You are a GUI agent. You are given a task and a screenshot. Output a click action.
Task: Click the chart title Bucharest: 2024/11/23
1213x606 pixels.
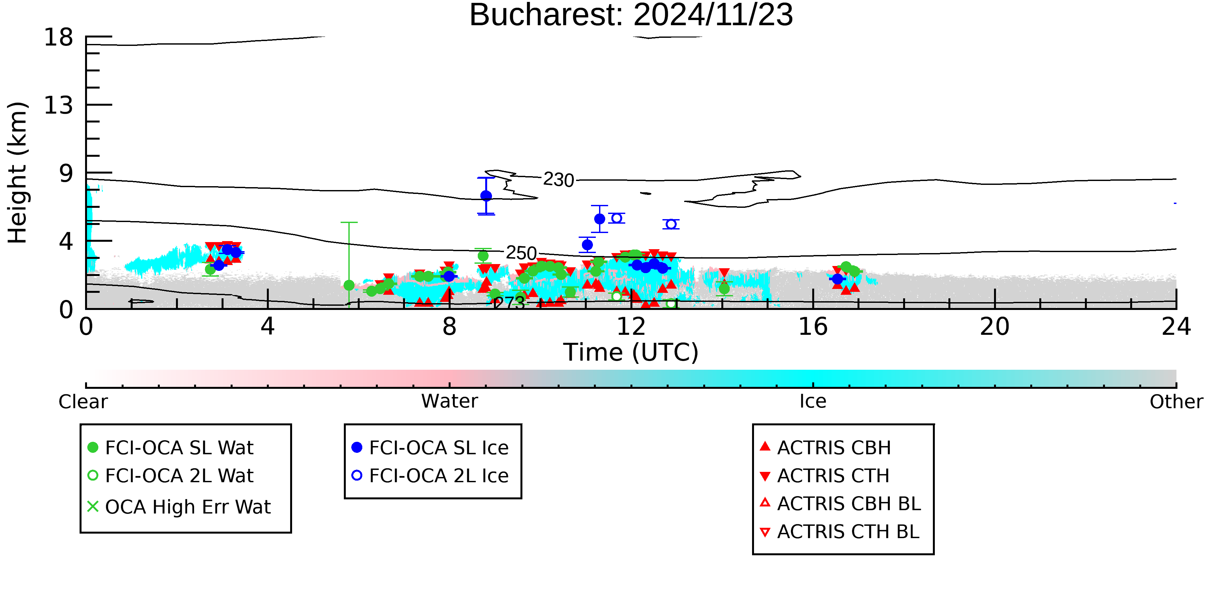pyautogui.click(x=631, y=15)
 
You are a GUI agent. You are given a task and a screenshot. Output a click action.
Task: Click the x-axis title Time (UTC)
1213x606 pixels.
pyautogui.click(x=631, y=352)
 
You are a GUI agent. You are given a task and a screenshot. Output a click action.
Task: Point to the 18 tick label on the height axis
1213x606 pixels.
pyautogui.click(x=59, y=37)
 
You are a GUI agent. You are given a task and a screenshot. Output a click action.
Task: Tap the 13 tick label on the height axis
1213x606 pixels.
pyautogui.click(x=59, y=105)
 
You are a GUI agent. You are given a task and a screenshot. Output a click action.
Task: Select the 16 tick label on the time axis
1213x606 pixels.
pyautogui.click(x=813, y=326)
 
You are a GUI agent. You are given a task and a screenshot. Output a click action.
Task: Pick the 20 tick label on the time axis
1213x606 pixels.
pyautogui.click(x=995, y=326)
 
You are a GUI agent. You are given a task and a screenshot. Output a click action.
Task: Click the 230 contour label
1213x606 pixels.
pyautogui.click(x=559, y=180)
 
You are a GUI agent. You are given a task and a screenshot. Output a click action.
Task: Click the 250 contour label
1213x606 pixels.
pyautogui.click(x=521, y=253)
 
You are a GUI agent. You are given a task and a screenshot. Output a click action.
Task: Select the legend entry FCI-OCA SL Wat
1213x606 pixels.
pyautogui.click(x=170, y=447)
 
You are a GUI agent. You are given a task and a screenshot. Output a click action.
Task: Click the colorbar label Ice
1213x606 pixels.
pyautogui.click(x=813, y=401)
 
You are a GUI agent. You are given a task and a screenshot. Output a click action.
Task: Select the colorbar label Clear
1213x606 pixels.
pyautogui.click(x=83, y=401)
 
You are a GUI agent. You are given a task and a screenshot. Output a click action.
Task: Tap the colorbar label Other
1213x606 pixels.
pyautogui.click(x=1176, y=401)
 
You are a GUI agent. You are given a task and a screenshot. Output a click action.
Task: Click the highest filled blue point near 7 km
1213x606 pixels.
pyautogui.click(x=486, y=196)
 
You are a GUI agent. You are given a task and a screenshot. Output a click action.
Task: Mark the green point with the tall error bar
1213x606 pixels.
pyautogui.click(x=349, y=285)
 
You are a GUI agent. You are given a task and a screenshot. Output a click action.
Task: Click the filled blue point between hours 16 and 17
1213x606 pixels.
pyautogui.click(x=837, y=279)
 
